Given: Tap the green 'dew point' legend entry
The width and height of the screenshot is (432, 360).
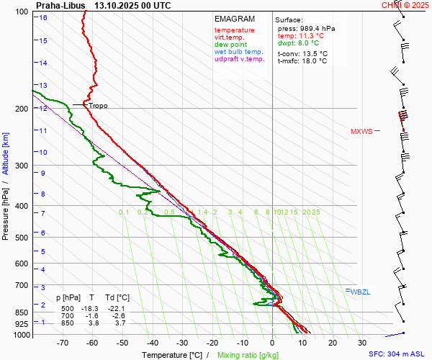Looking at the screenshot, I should [x=231, y=45].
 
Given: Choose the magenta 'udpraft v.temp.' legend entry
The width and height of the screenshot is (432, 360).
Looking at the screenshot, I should [x=240, y=59].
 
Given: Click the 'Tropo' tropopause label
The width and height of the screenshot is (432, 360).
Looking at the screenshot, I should [x=98, y=106].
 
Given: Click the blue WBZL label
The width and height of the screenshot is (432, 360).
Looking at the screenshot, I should [x=359, y=292].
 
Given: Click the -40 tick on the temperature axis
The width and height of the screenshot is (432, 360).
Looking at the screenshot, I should [x=153, y=343].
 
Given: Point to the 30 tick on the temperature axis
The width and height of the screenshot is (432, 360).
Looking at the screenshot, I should [x=362, y=343].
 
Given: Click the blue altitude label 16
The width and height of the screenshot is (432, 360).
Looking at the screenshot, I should [x=44, y=18].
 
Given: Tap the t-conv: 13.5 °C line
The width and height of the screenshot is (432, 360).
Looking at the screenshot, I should [x=302, y=53].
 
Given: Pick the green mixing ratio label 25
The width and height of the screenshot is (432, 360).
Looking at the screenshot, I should [x=315, y=212].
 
